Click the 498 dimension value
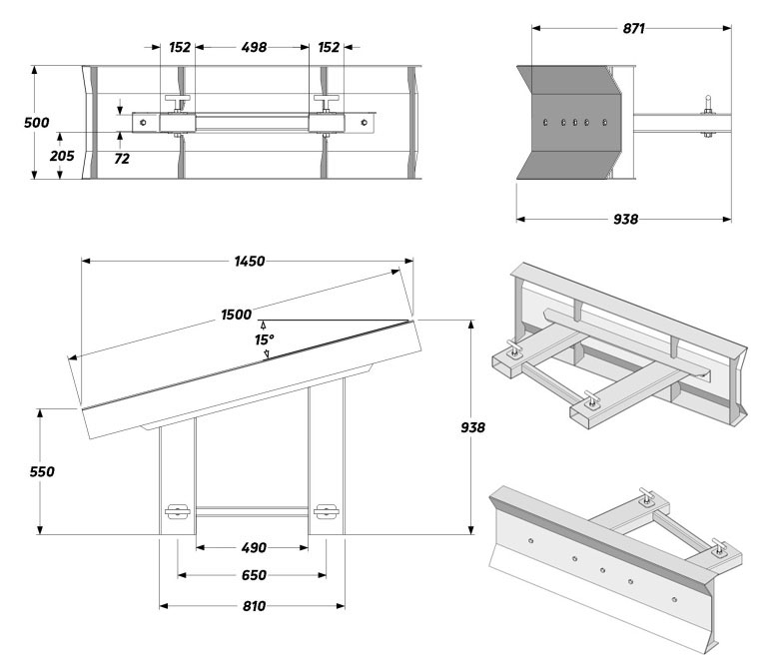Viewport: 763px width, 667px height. pyautogui.click(x=254, y=47)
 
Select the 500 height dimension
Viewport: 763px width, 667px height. pyautogui.click(x=37, y=122)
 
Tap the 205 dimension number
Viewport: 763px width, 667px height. pyautogui.click(x=62, y=156)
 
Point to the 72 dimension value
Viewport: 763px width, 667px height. pyautogui.click(x=122, y=159)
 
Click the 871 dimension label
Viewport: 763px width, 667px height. pyautogui.click(x=633, y=29)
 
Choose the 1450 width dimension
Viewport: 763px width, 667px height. pyautogui.click(x=250, y=262)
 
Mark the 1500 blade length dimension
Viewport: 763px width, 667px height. pyautogui.click(x=236, y=315)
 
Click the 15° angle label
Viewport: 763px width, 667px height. pyautogui.click(x=265, y=339)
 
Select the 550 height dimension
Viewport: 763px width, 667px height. pyautogui.click(x=42, y=471)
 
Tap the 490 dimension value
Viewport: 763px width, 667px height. pyautogui.click(x=254, y=548)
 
